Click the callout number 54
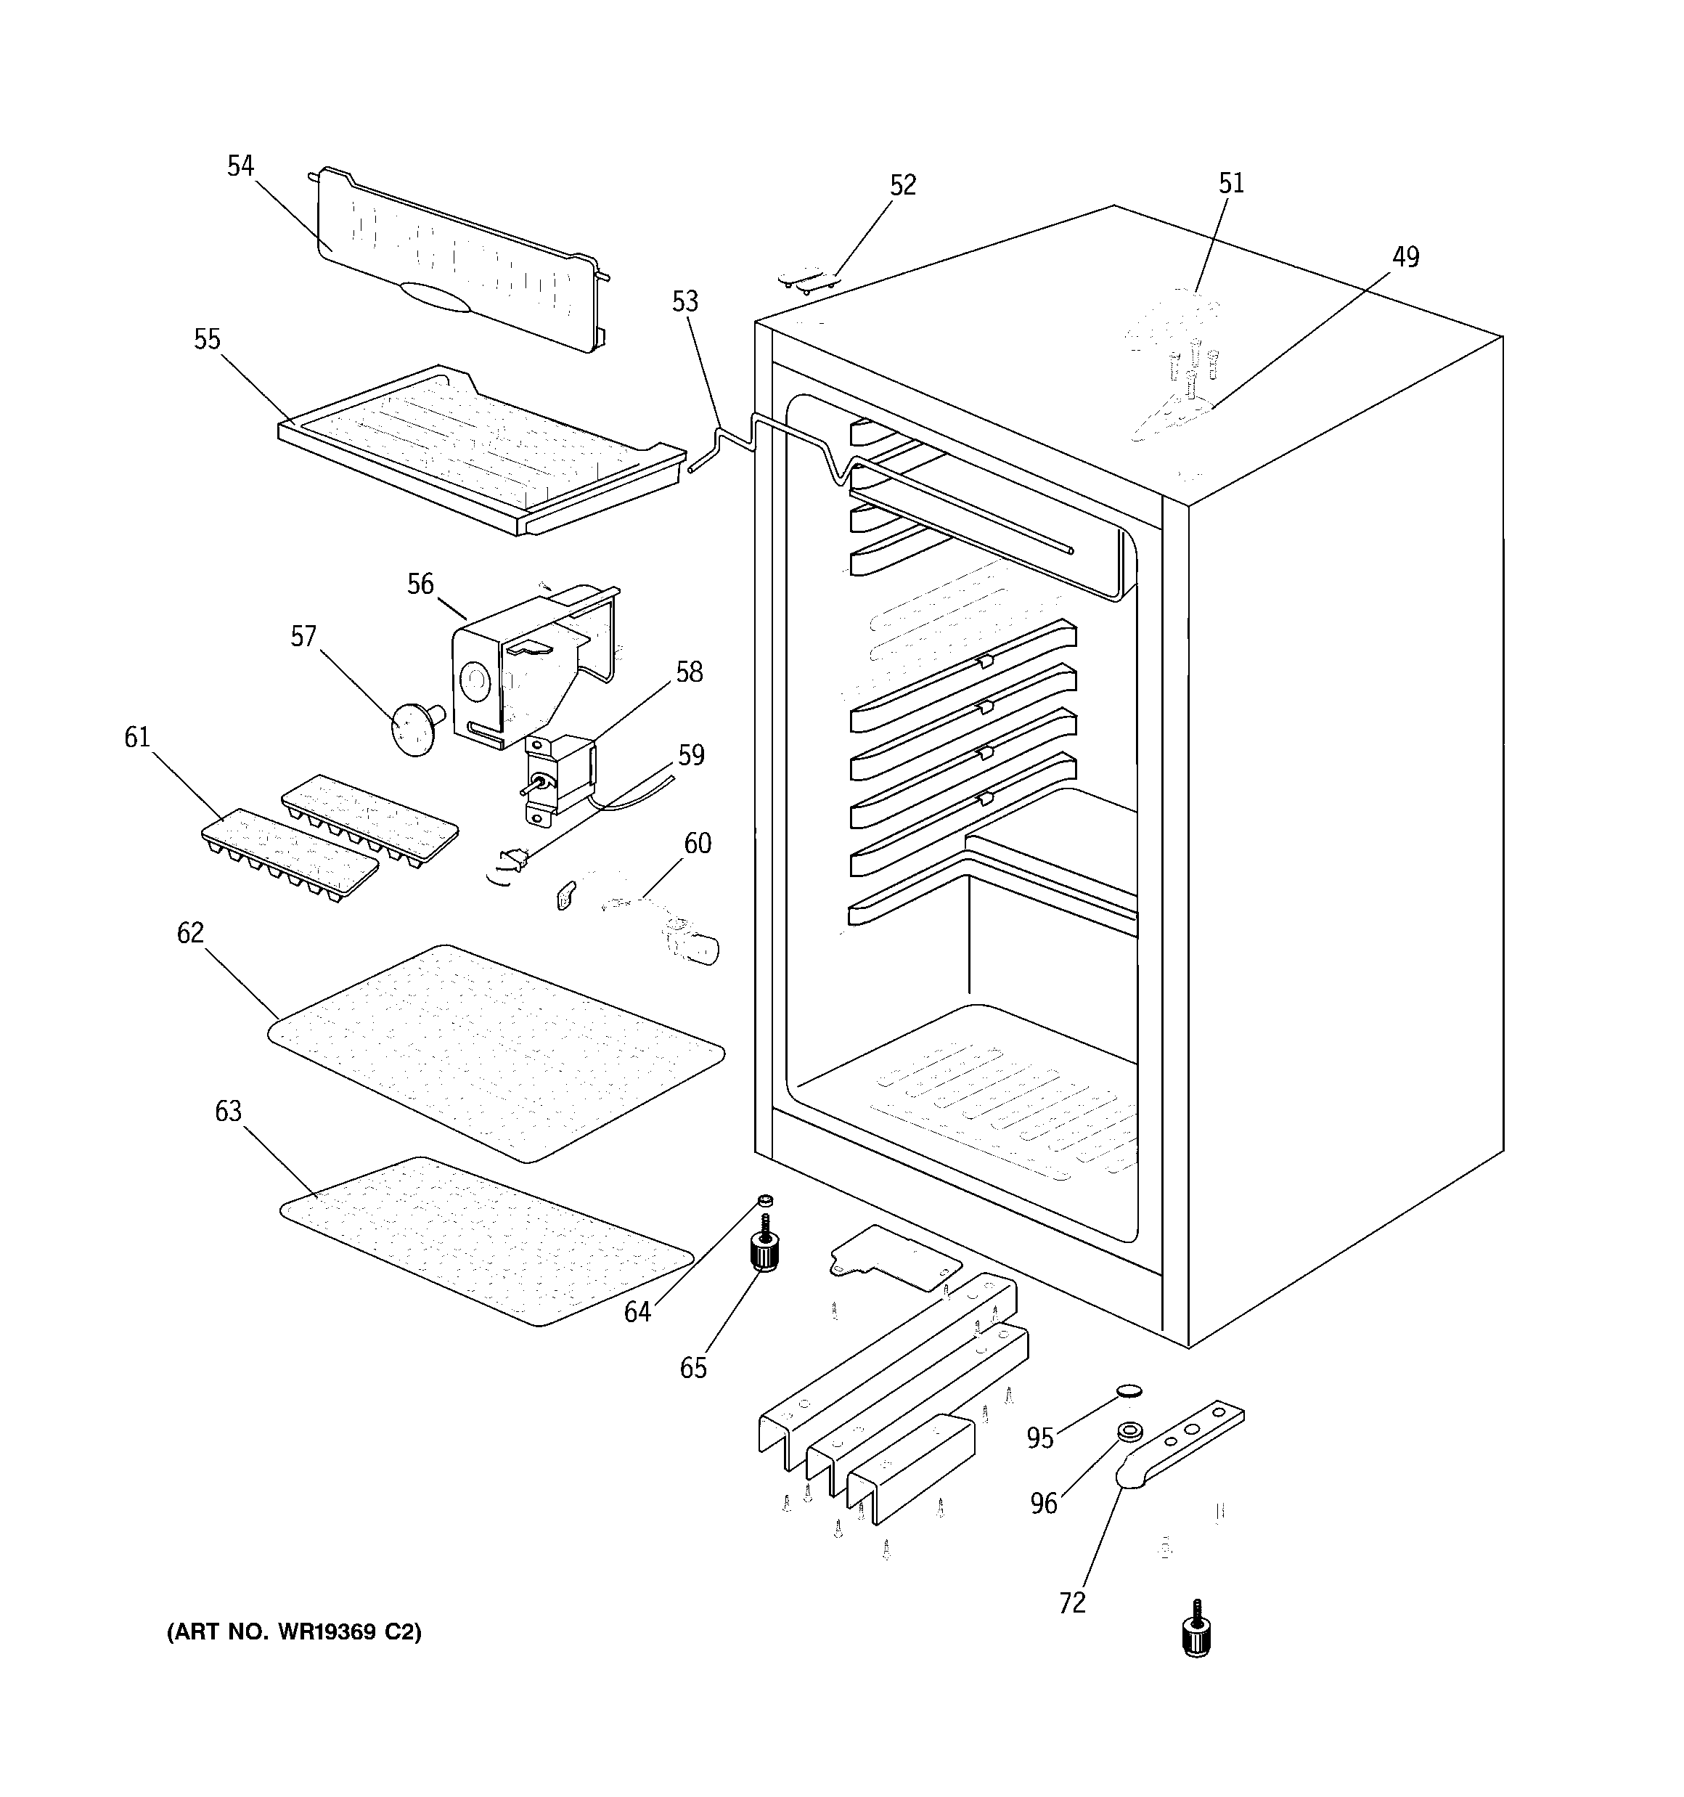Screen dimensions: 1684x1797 tap(240, 166)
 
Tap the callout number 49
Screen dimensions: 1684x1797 tap(1405, 258)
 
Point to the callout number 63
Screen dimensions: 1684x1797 tap(229, 1111)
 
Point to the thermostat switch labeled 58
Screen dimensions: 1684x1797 tap(560, 778)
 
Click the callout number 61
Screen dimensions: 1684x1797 tap(137, 738)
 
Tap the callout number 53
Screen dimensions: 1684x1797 tap(685, 302)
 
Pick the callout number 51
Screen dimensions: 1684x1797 tap(1232, 184)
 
